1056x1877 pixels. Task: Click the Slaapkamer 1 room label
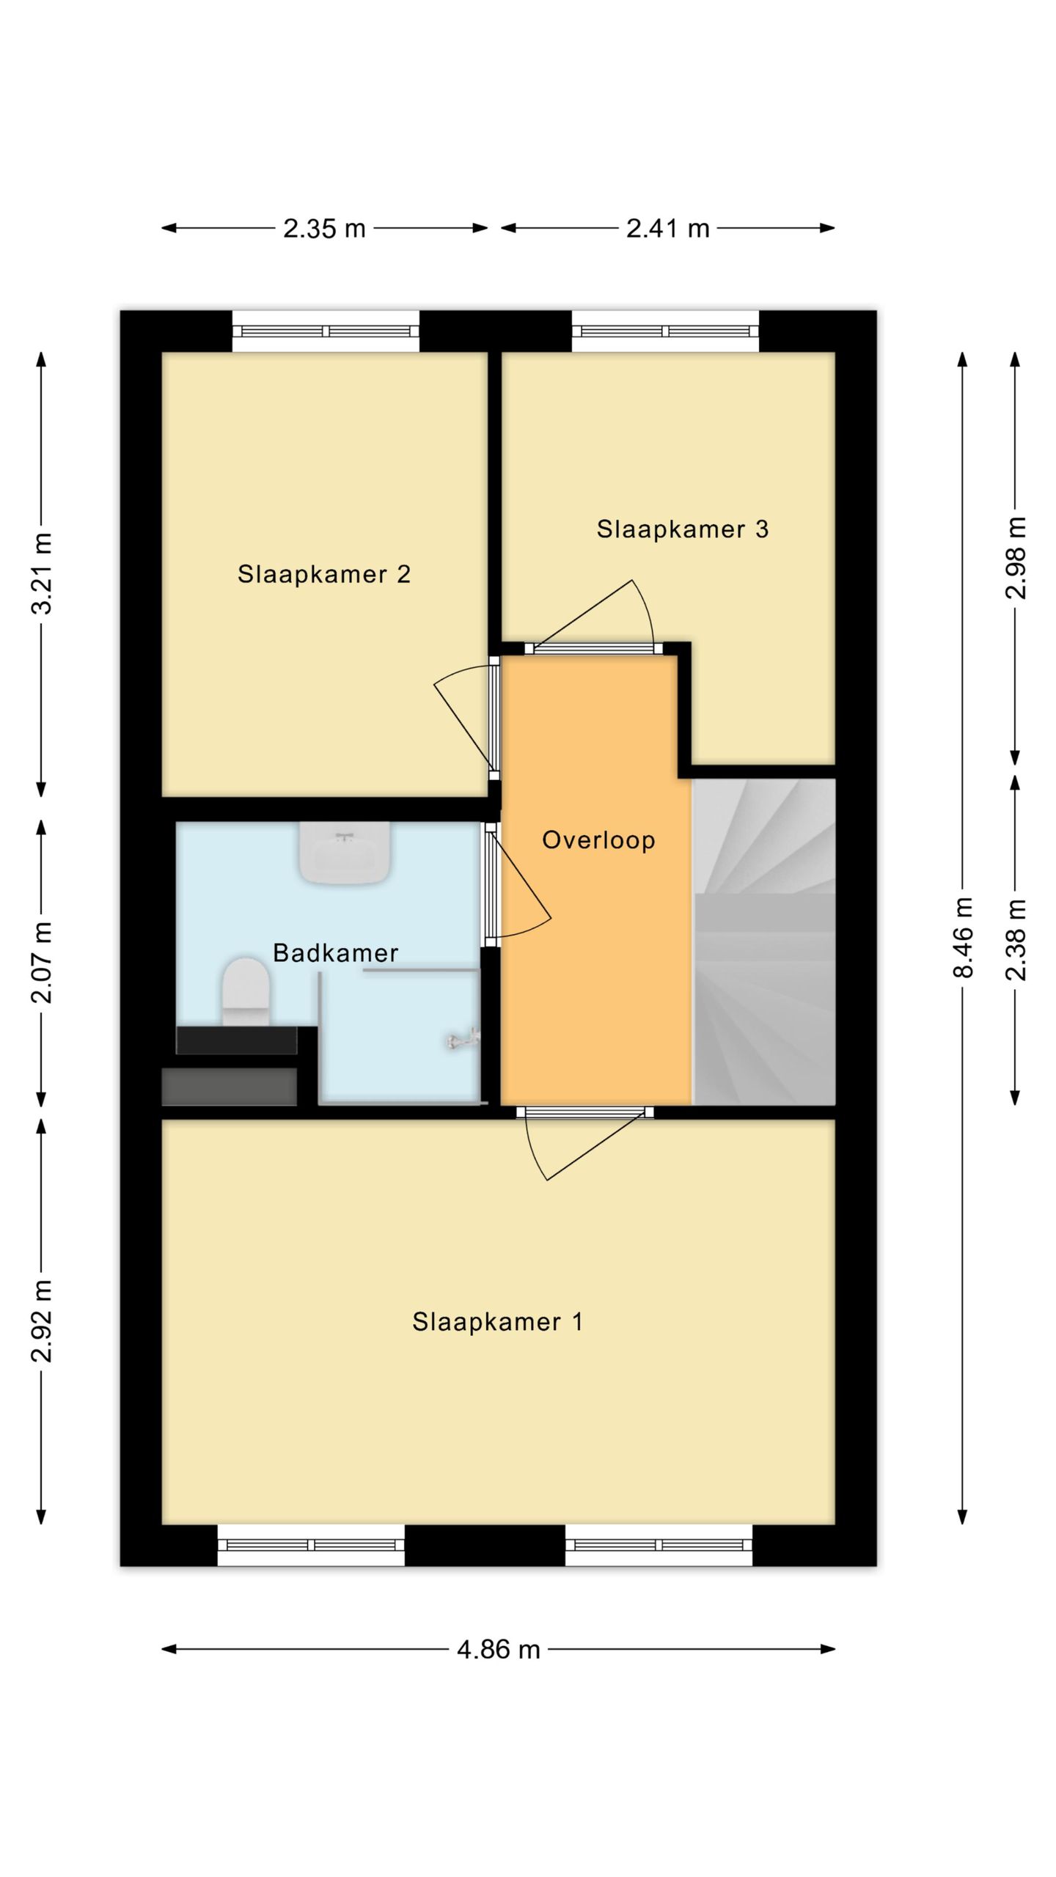(497, 1322)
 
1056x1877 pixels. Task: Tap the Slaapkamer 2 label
(324, 573)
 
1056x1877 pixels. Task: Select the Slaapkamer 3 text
(683, 529)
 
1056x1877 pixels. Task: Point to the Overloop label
(598, 840)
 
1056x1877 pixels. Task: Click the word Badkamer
(335, 952)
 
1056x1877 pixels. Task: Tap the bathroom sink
(344, 853)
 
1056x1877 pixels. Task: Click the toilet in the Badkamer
(246, 991)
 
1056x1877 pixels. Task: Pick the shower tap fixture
(463, 1038)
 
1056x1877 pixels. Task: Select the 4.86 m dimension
(499, 1650)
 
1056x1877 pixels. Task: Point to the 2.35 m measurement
(324, 229)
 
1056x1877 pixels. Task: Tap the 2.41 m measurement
(668, 229)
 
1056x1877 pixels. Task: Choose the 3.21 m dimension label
(42, 574)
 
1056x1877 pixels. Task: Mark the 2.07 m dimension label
(42, 963)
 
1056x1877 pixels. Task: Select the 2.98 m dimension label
(1016, 558)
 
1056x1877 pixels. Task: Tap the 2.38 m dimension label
(1016, 939)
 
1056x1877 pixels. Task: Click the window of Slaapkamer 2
(326, 331)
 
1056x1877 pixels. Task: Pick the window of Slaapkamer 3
(665, 331)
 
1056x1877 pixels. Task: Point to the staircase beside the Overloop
(764, 941)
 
